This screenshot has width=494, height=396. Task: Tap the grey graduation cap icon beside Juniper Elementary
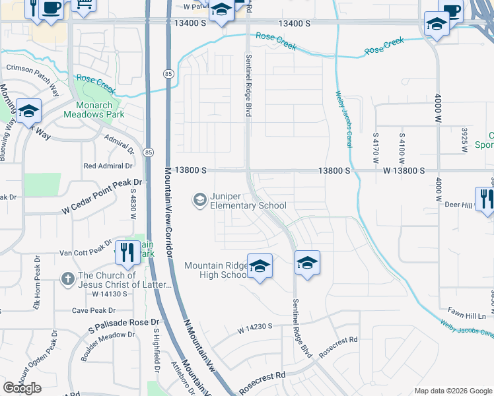[199, 199]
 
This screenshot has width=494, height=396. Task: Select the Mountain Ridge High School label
[215, 270]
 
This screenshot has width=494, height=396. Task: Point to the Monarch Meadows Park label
[93, 109]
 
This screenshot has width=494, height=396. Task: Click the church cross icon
[67, 279]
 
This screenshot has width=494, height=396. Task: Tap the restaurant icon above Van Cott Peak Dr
[126, 251]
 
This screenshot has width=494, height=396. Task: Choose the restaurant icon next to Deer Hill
[485, 198]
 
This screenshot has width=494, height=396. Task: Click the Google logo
[22, 388]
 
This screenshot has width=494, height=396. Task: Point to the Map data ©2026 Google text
[453, 391]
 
